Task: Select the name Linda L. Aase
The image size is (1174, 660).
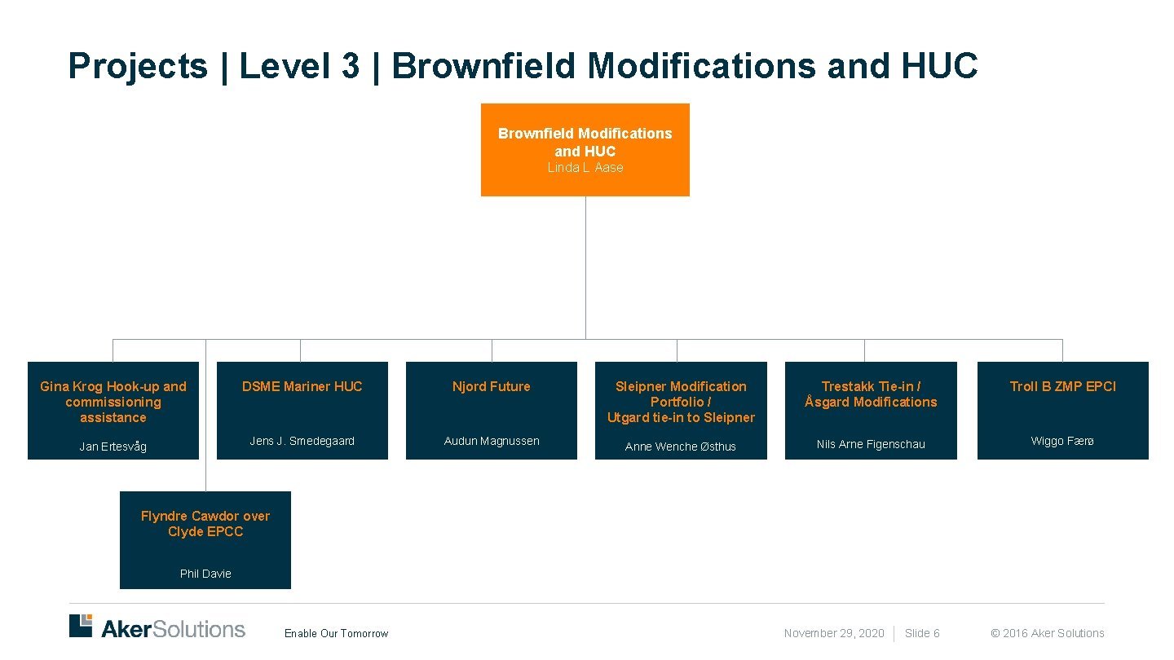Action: coord(585,168)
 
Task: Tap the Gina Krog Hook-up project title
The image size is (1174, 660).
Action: coord(113,402)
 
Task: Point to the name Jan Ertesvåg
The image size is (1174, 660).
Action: coord(113,447)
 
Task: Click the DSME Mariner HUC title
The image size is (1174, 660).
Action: coord(302,386)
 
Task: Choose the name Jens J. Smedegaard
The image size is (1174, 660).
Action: coord(302,441)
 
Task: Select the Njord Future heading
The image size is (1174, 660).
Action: coord(491,386)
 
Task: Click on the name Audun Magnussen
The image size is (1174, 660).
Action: coord(491,441)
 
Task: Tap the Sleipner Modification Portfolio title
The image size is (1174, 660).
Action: coord(681,402)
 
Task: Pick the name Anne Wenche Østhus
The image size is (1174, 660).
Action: coord(681,447)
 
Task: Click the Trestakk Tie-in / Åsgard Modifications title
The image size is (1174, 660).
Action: coord(871,394)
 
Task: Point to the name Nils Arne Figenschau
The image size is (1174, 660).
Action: coord(871,444)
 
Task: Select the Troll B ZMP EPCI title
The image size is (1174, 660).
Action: coord(1062,386)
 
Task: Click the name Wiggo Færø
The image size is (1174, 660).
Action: coord(1062,441)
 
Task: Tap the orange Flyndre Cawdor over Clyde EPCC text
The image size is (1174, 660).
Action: coord(205,524)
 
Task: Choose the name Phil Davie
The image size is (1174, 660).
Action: coord(205,574)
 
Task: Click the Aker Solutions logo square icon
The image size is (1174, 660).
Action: coord(81,626)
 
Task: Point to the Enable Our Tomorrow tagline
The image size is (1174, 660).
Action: coord(336,633)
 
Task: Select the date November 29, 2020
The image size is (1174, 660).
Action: coord(833,633)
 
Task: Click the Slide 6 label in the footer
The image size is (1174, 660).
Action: coord(922,633)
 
